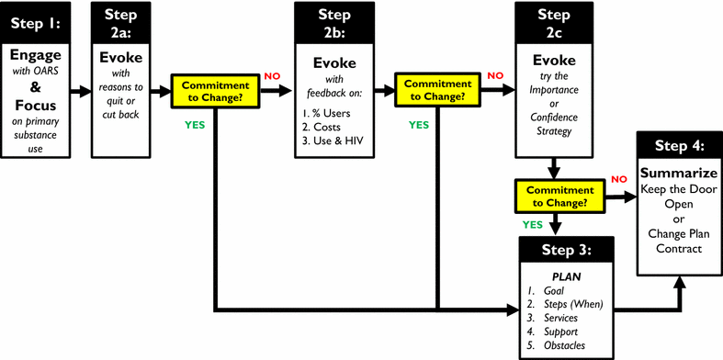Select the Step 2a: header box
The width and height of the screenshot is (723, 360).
pos(121,22)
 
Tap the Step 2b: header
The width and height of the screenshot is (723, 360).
pos(333,22)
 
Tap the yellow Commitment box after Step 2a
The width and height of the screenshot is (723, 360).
pos(216,92)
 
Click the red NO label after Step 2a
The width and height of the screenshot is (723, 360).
pos(272,75)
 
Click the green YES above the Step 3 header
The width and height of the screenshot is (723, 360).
pos(532,223)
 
